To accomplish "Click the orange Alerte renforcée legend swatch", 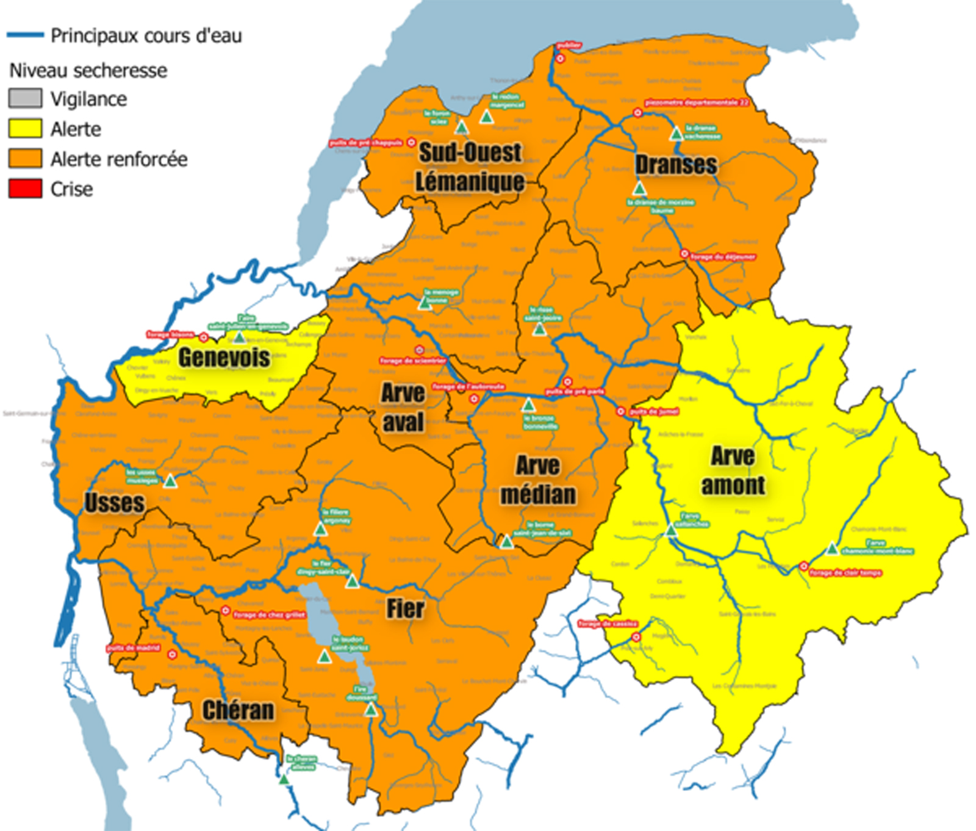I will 25,159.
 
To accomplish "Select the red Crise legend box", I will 25,189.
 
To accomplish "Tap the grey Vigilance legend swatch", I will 25,98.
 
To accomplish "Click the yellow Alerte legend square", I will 25,129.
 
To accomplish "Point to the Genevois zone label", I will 224,358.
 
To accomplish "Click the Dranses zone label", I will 676,164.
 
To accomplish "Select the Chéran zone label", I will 238,710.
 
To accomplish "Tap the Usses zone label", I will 115,503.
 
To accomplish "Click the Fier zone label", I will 405,608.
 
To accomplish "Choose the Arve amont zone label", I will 733,471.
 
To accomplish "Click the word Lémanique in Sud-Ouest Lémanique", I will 470,181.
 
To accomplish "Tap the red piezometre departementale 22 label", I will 697,103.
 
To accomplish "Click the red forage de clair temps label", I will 845,572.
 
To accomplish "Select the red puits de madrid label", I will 134,647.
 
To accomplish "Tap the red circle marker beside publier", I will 560,59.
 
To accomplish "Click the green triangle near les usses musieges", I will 170,481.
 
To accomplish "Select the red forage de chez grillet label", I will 269,614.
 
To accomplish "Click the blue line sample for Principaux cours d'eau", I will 25,35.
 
